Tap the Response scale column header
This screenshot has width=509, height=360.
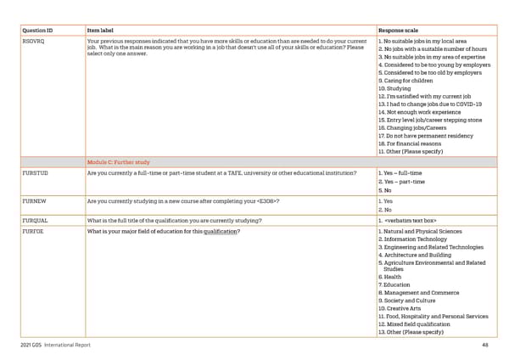[x=397, y=29]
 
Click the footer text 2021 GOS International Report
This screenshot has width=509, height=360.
[x=56, y=346]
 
